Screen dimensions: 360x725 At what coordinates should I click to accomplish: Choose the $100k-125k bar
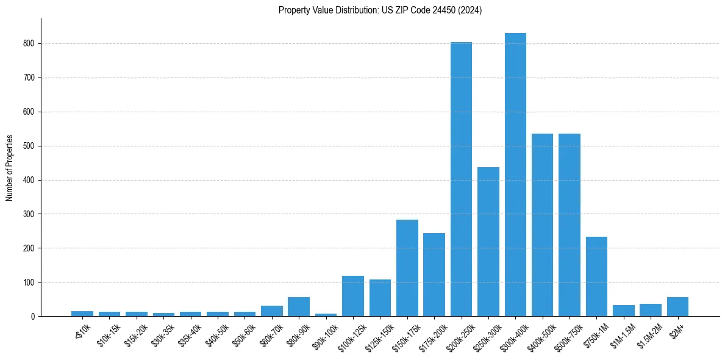tap(353, 296)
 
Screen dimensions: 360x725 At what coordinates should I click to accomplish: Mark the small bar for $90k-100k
tap(326, 315)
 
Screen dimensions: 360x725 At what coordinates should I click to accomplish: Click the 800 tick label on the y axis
tap(30, 44)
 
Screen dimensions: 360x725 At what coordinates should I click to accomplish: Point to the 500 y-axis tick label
tap(30, 146)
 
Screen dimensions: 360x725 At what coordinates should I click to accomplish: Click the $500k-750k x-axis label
tap(568, 334)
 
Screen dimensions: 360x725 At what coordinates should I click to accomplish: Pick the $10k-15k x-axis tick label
tap(109, 333)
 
